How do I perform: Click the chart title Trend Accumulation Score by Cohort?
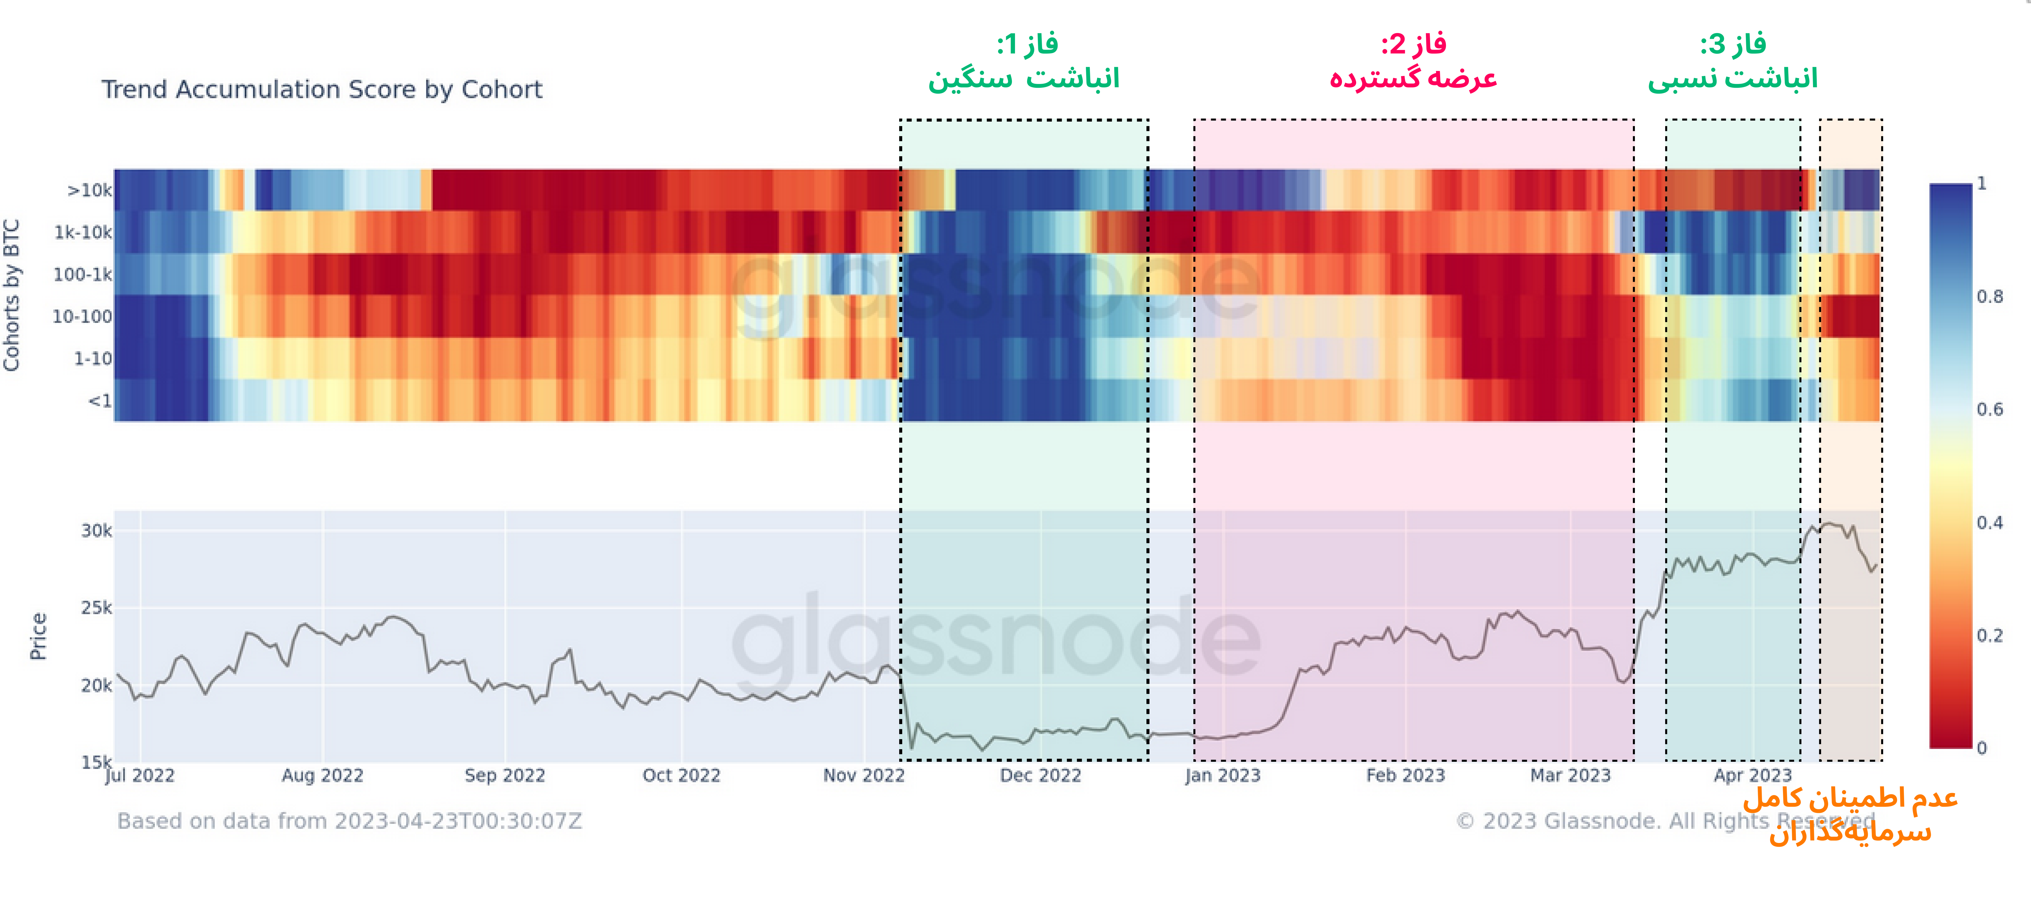322,89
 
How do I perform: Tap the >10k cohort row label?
89,190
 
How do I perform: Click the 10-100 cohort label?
82,316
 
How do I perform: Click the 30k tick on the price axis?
96,531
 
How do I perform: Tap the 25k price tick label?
96,608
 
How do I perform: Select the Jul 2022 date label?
140,775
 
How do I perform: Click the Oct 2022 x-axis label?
681,775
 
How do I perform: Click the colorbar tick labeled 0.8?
1989,296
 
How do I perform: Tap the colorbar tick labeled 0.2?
1989,635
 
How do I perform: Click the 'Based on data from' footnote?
349,821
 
